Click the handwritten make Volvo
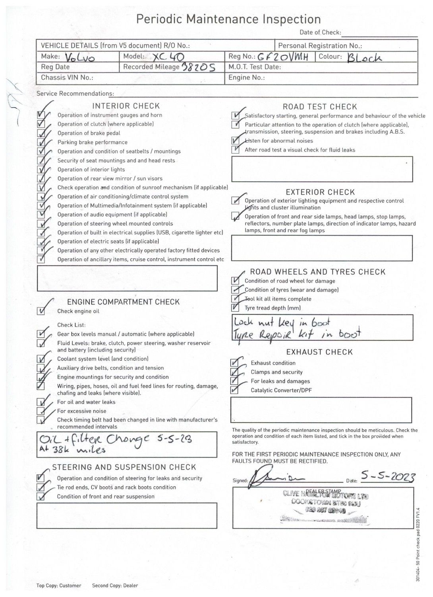point(80,58)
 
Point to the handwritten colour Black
point(364,58)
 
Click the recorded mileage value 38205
point(198,67)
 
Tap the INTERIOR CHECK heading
point(126,106)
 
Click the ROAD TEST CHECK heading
point(320,107)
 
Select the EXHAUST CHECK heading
point(319,352)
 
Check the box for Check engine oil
point(41,311)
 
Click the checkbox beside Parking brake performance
point(41,142)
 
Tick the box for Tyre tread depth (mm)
point(235,308)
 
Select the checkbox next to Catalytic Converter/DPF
point(235,390)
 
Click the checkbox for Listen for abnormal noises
point(235,140)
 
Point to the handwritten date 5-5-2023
point(388,476)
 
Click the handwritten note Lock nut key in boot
point(282,322)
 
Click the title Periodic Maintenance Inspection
point(228,19)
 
